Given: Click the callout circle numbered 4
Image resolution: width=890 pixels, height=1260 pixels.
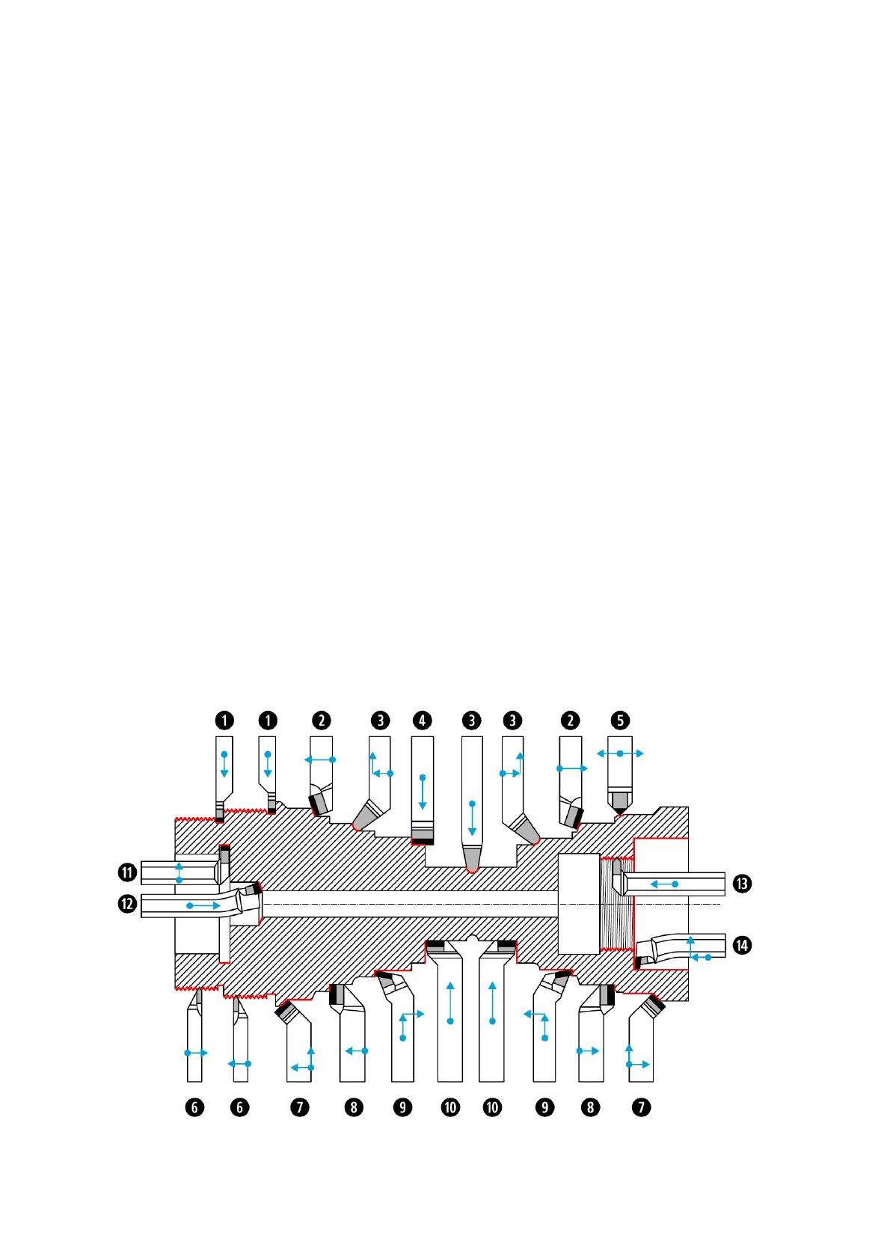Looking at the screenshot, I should (x=423, y=721).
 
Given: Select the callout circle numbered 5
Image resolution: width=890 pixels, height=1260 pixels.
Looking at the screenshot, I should (x=620, y=721).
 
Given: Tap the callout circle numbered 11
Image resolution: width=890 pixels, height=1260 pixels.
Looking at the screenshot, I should (x=128, y=872).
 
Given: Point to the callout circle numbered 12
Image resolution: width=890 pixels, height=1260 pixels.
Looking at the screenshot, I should (x=128, y=905).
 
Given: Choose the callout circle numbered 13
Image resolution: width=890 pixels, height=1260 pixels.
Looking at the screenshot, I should (x=742, y=884).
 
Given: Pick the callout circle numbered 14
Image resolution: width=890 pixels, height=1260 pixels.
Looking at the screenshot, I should (x=742, y=946).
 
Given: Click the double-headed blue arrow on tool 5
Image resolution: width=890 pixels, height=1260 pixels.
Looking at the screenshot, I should (x=620, y=753).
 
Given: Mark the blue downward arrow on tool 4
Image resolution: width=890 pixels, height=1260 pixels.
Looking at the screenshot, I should (x=423, y=793).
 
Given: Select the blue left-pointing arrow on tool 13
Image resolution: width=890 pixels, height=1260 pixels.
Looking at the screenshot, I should (x=663, y=884).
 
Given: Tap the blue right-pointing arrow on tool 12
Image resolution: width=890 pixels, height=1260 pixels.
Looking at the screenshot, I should (x=203, y=905).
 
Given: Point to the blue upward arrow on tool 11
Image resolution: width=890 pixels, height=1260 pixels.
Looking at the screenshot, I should (x=179, y=872).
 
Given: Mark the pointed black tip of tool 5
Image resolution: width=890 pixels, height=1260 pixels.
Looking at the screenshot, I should (x=620, y=810).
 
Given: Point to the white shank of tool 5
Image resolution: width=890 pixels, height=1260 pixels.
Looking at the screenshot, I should (x=620, y=771).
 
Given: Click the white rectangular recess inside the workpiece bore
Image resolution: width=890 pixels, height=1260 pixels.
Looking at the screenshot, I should (x=579, y=904).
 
